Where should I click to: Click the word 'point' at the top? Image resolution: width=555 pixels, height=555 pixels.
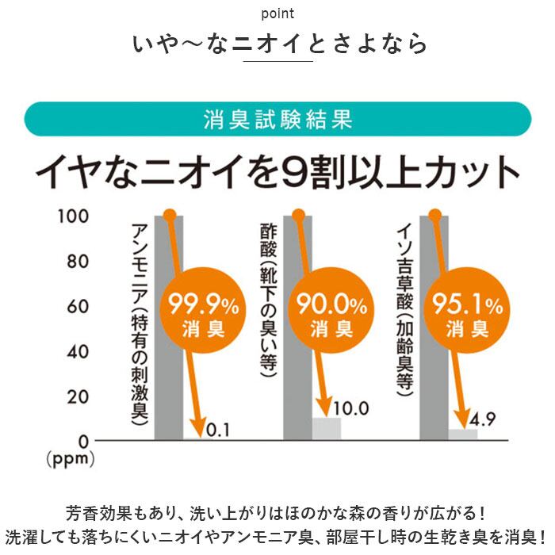pyautogui.click(x=277, y=13)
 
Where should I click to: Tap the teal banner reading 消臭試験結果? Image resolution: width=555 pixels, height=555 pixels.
pyautogui.click(x=277, y=120)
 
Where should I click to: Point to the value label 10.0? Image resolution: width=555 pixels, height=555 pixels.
pyautogui.click(x=353, y=408)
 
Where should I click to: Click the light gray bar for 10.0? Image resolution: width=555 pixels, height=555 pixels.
pyautogui.click(x=325, y=428)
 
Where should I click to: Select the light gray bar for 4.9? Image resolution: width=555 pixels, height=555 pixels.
pyautogui.click(x=461, y=434)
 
